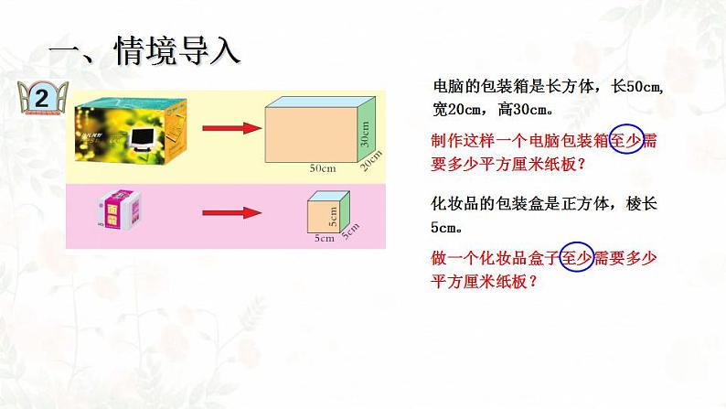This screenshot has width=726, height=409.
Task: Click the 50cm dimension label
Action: click(x=322, y=168)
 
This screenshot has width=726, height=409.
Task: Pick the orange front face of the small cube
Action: click(x=319, y=217)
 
